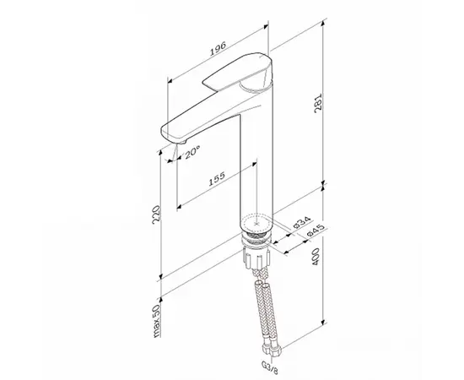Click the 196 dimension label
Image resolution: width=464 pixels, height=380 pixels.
[218, 49]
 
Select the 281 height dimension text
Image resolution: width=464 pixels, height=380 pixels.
[317, 104]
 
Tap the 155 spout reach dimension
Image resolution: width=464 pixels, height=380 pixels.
[217, 178]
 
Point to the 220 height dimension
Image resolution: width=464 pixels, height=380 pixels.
[157, 214]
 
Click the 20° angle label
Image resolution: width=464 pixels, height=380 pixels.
[192, 152]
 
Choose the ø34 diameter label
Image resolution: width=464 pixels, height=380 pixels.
[302, 222]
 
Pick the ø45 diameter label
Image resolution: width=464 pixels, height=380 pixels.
[316, 231]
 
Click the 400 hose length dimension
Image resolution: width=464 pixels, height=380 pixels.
[316, 257]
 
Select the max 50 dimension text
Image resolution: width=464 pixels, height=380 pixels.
[156, 321]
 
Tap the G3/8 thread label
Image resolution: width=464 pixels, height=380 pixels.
[270, 367]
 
